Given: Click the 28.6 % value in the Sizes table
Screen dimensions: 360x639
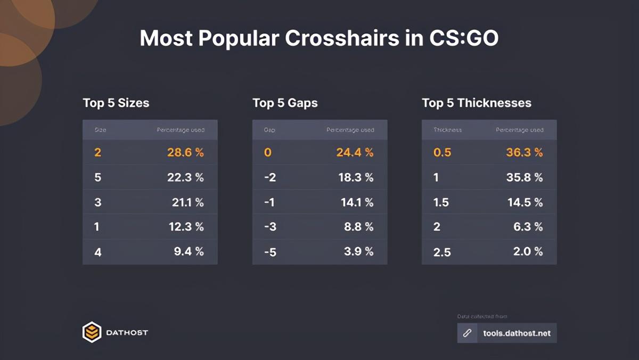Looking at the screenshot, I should [185, 153].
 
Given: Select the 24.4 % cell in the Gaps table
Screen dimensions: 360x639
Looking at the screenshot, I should [355, 153].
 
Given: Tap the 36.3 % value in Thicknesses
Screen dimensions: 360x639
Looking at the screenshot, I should [524, 153].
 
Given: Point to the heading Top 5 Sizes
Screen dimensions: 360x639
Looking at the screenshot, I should [116, 103].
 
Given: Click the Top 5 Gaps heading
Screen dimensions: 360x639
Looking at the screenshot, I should [285, 103].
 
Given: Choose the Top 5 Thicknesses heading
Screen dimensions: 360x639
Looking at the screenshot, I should [477, 103].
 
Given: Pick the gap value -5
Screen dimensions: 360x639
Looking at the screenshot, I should [270, 252].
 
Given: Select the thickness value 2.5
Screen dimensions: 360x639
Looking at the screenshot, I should [443, 252].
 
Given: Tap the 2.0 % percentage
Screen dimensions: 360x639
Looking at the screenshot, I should [528, 251].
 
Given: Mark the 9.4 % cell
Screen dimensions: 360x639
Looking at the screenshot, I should [189, 251].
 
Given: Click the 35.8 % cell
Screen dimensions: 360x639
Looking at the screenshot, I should [524, 177].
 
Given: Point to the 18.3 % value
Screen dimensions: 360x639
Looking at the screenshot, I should [356, 177].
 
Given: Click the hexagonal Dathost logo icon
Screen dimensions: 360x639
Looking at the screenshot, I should [92, 332].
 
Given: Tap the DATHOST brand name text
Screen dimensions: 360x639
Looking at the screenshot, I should [127, 333].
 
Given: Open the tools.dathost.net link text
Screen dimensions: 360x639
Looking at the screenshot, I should [517, 334].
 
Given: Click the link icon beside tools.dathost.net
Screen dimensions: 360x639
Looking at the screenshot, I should [468, 333].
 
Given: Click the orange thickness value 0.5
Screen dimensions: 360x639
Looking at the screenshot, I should [443, 153].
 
